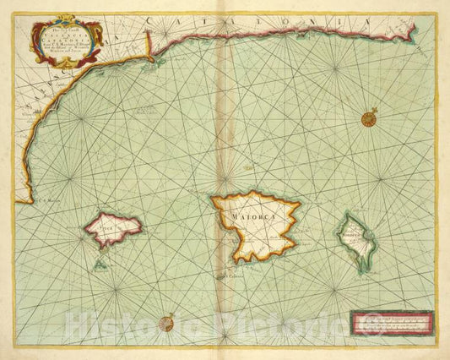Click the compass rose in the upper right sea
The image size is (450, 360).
tap(369, 119)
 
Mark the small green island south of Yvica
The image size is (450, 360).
tap(100, 264)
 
